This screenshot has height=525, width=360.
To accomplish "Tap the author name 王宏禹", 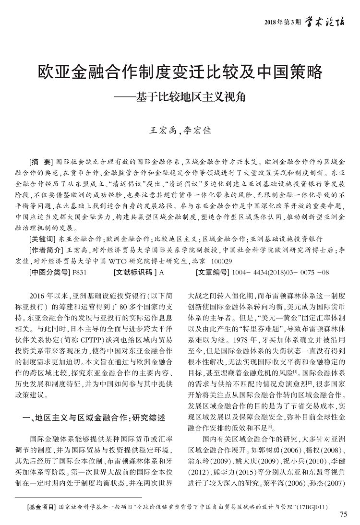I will [162, 130].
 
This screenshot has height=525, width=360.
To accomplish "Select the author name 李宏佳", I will [198, 130].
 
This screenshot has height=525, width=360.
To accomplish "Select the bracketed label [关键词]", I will [43, 238].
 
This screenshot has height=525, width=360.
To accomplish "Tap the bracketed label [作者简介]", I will [46, 250].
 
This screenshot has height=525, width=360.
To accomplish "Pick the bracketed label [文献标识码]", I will [135, 273].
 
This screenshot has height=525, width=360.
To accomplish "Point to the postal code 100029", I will [221, 261].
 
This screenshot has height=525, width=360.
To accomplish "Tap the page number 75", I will [342, 515].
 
